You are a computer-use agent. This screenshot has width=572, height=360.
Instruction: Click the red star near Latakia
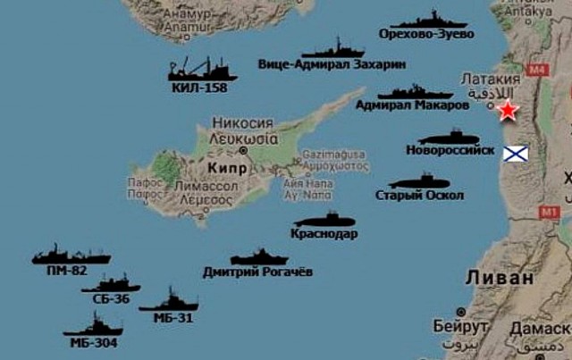point(508,111)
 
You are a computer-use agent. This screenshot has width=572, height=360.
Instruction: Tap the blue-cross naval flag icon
point(516,154)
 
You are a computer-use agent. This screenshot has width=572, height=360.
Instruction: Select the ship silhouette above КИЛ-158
point(202,70)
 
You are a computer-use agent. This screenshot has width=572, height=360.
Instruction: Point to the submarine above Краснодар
point(324,220)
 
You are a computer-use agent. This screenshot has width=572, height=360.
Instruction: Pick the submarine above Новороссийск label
point(450,138)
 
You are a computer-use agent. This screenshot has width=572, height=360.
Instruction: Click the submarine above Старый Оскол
point(418,182)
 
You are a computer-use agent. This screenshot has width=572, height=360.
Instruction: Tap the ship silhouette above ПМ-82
point(71,255)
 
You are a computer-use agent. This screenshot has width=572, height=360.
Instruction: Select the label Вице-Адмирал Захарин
point(332,65)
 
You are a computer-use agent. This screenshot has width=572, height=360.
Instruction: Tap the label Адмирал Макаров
point(412,105)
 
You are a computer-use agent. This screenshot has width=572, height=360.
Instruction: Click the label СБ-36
point(112,298)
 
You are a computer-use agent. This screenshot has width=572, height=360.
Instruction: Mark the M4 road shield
point(537,69)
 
